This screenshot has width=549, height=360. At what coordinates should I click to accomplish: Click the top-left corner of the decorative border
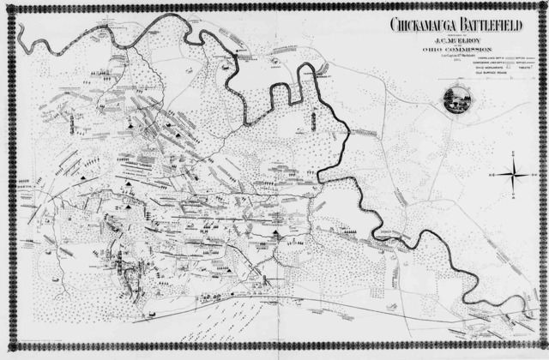[4, 4]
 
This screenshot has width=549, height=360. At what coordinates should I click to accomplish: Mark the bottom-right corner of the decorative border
[544, 355]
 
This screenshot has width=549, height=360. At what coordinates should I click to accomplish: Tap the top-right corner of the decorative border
[544, 4]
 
